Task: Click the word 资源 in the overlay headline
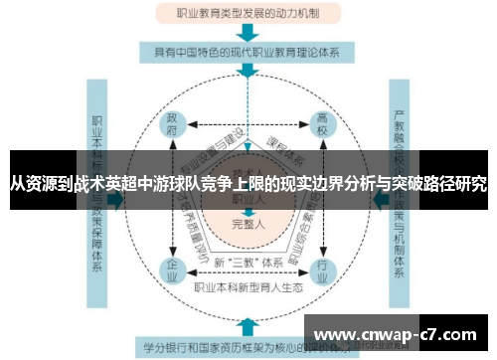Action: (46, 184)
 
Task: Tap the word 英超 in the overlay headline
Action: (139, 184)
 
